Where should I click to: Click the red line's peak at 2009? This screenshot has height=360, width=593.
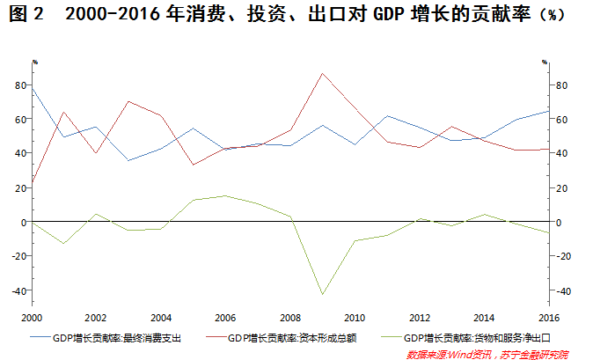click(322, 73)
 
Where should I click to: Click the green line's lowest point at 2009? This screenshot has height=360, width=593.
click(322, 294)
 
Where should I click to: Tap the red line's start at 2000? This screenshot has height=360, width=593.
click(33, 183)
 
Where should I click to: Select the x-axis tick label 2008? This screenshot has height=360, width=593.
click(289, 317)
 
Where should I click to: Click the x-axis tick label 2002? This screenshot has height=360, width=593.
click(97, 317)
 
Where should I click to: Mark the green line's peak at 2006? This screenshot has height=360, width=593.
click(225, 195)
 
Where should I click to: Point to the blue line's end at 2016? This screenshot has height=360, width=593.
click(547, 111)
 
